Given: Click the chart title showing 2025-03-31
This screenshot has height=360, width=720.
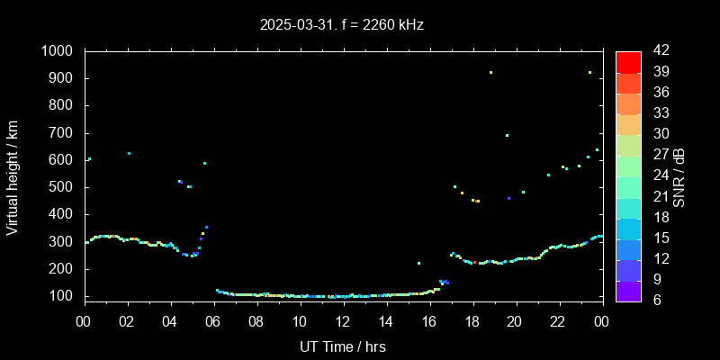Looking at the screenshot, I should [x=341, y=25].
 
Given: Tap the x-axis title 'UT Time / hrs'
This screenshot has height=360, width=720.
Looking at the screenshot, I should [x=343, y=346].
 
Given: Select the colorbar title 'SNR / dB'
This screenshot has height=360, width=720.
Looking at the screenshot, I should [x=679, y=176].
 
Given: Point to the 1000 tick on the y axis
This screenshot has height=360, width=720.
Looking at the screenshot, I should [x=59, y=51].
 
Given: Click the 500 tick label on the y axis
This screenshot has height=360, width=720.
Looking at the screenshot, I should [x=64, y=187].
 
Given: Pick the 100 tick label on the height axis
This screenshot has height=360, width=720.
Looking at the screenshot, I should [x=64, y=296].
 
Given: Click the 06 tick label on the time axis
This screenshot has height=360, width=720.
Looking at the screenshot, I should [x=213, y=320].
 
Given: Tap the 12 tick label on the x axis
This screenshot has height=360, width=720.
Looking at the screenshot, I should [x=343, y=320].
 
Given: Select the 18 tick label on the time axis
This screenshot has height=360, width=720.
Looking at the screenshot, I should [x=472, y=320].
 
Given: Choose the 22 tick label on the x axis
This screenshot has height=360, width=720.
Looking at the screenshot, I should [x=559, y=320].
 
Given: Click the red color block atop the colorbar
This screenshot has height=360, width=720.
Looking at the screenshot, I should [x=628, y=61].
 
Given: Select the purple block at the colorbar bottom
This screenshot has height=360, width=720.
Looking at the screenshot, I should [x=628, y=290].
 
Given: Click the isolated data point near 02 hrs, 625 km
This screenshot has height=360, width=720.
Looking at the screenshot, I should [x=129, y=153].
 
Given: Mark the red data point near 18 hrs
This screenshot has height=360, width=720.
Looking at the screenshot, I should [x=474, y=262].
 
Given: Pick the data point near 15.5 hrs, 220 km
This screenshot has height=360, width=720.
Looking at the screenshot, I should [x=418, y=263].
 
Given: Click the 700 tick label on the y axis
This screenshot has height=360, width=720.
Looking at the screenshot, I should [x=64, y=133].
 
